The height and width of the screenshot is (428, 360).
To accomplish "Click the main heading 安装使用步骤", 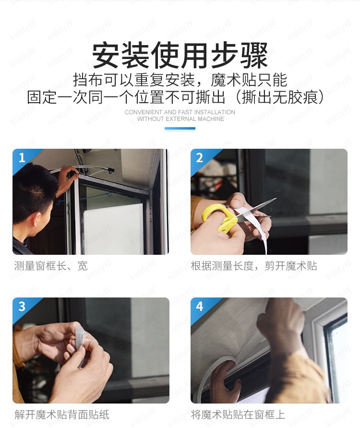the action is tap(180, 55).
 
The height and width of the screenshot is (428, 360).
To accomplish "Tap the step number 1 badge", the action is tap(22, 158).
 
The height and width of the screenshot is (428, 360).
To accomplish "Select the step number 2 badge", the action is tap(199, 158).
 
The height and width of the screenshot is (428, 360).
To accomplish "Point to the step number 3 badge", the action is tap(22, 306).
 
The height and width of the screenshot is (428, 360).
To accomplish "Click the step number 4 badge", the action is tap(200, 306).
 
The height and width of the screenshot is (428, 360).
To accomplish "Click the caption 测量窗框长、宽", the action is tap(51, 266).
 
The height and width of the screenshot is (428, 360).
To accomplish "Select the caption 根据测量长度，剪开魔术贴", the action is tap(254, 266).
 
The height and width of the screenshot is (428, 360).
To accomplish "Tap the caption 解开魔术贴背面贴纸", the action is tap(62, 415).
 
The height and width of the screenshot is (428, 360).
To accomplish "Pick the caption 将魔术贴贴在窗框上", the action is tap(238, 415).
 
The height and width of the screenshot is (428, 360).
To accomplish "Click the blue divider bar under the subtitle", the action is tap(180, 128).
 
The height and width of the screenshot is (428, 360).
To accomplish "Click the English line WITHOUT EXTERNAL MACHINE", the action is tap(180, 119).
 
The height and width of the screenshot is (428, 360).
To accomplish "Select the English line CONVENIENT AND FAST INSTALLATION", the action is tap(180, 112).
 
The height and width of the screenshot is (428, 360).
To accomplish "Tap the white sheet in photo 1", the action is tap(114, 229).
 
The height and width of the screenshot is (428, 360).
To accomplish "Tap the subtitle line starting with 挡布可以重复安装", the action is tap(180, 80).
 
